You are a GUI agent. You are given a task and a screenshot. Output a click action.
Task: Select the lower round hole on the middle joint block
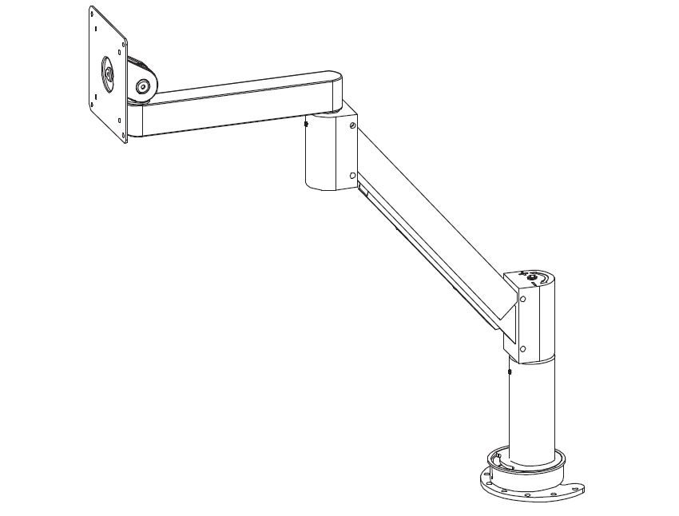[x=352, y=175]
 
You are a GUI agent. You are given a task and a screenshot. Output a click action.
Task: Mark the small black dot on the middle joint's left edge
[x=306, y=123]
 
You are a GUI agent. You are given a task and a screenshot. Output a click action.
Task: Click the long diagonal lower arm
[x=431, y=232]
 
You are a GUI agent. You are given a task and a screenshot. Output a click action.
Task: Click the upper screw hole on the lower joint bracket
[x=522, y=299]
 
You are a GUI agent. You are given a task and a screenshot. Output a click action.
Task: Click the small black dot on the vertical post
[x=509, y=371]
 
